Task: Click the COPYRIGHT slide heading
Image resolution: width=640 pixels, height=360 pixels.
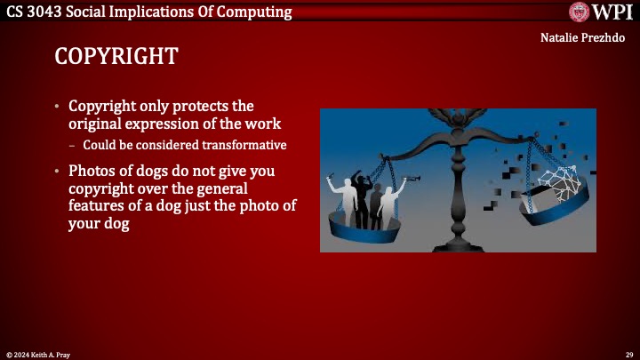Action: tap(116, 56)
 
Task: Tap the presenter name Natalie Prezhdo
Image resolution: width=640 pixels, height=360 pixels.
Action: tap(582, 38)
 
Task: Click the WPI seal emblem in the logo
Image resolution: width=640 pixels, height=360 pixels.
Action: tap(580, 12)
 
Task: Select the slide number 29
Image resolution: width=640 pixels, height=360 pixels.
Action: tap(628, 354)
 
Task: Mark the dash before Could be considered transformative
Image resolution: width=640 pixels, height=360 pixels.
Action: tap(72, 145)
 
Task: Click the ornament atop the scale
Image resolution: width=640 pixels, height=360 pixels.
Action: tap(457, 115)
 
